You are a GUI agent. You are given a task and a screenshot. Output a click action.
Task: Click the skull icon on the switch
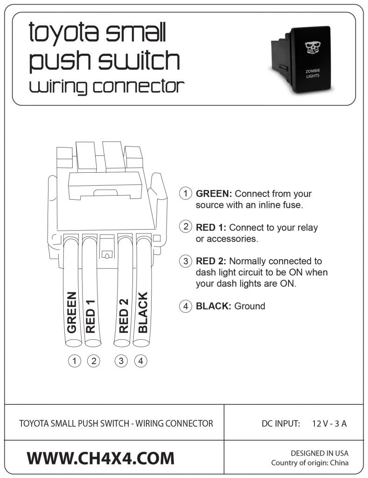point(312,47)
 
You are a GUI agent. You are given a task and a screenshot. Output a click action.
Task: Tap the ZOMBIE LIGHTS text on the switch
point(312,73)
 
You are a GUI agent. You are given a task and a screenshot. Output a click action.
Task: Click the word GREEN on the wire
point(72,312)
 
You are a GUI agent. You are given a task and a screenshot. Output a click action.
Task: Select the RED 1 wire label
point(91,316)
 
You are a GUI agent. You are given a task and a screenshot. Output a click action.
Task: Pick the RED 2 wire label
point(124,316)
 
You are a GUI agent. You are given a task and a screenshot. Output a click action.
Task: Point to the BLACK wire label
point(143,312)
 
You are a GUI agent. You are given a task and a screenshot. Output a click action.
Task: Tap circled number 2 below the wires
point(93,360)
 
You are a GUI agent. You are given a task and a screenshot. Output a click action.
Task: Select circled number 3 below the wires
point(121,360)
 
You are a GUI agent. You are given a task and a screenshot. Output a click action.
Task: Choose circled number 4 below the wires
point(141,360)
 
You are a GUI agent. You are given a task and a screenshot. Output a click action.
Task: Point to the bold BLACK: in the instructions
point(214,306)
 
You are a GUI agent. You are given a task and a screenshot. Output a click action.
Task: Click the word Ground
point(250,306)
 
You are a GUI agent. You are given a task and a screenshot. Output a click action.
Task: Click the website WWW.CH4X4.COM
point(100,458)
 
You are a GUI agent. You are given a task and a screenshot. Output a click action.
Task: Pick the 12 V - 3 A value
point(329,424)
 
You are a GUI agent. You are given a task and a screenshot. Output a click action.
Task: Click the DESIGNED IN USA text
point(319,453)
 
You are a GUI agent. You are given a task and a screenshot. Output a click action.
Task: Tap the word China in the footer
point(338,463)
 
